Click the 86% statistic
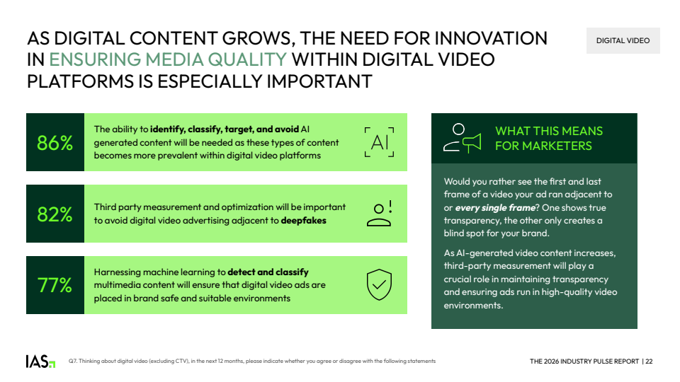(55, 143)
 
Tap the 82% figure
(55, 214)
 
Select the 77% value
(55, 285)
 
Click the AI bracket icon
(379, 142)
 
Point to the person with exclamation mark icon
(380, 214)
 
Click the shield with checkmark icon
(379, 284)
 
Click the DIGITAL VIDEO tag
(623, 41)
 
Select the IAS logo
(40, 361)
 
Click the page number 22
(649, 361)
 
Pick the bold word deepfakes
(304, 221)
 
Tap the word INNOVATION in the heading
(491, 38)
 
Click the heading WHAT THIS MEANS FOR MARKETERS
(549, 138)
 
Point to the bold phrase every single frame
(495, 208)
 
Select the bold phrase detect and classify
(268, 272)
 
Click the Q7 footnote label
(72, 361)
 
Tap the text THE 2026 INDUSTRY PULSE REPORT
(584, 361)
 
